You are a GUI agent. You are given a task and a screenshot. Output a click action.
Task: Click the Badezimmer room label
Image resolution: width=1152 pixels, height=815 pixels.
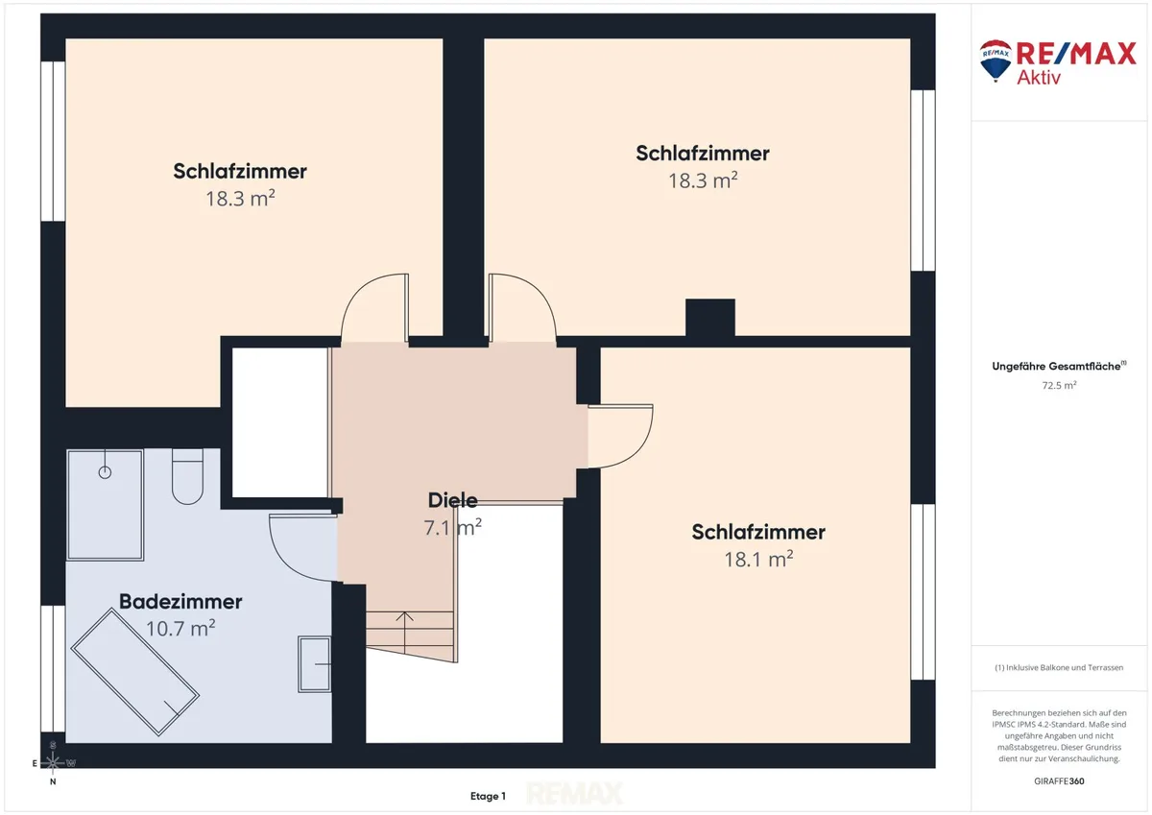180,601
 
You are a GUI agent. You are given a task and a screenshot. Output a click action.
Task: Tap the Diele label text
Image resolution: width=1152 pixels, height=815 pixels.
452,500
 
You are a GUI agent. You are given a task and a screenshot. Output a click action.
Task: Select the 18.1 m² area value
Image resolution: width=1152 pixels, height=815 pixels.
758,559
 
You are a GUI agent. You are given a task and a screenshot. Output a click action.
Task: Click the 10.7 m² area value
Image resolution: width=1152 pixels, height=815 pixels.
180,628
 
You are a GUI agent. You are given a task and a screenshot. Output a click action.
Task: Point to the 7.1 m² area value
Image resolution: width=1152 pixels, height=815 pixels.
452,527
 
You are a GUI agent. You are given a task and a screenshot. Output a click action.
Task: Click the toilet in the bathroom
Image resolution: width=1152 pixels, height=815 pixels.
187,476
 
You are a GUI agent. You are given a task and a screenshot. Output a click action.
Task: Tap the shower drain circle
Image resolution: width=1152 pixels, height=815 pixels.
105,472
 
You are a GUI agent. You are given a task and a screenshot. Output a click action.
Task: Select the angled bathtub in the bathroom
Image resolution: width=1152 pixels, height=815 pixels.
134,672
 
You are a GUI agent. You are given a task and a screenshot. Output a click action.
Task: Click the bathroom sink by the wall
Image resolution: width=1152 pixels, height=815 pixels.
314,664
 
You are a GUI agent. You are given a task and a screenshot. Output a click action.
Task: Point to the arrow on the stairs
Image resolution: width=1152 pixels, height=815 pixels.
405,633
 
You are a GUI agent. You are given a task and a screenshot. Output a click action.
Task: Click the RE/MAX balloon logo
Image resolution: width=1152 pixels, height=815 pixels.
996,60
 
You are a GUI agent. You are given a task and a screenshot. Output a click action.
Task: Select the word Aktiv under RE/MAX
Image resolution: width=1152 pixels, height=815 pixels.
1039,77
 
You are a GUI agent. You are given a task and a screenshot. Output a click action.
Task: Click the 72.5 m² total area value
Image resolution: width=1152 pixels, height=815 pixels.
1060,385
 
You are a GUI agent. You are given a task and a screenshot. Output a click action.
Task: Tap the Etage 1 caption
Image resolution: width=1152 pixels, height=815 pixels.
488,796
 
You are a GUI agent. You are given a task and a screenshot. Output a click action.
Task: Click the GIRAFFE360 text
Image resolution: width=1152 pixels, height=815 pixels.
1059,781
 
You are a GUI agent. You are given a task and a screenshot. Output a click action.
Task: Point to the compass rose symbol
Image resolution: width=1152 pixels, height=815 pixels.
53,762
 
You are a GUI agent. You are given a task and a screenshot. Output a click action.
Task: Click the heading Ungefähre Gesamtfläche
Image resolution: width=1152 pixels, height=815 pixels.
1059,366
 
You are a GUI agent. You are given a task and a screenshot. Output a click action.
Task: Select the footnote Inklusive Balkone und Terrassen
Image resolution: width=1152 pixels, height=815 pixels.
1059,667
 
